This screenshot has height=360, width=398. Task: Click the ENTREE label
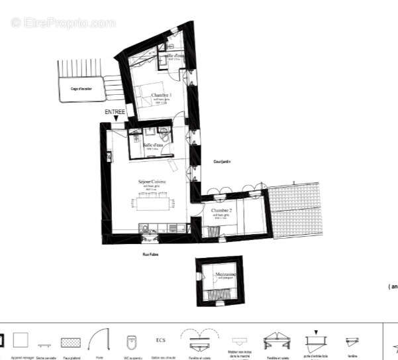pyautogui.click(x=115, y=112)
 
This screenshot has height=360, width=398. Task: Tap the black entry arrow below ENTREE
pyautogui.click(x=117, y=119)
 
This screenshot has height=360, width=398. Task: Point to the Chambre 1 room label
pyautogui.click(x=162, y=95)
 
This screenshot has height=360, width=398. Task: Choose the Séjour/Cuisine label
pyautogui.click(x=152, y=182)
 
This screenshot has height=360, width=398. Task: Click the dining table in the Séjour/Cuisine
pyautogui.click(x=153, y=203)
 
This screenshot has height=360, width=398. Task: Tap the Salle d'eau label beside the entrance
pyautogui.click(x=152, y=145)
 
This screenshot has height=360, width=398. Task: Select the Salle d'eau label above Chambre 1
pyautogui.click(x=173, y=56)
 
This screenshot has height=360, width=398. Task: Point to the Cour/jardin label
pyautogui.click(x=212, y=161)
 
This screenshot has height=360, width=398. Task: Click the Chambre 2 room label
pyautogui.click(x=221, y=210)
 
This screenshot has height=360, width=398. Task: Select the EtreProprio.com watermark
pyautogui.click(x=63, y=23)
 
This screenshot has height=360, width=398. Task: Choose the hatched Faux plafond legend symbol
pyautogui.click(x=70, y=342)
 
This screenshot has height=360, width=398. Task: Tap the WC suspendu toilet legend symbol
pyautogui.click(x=131, y=341)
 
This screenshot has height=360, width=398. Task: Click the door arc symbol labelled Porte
pyautogui.click(x=98, y=339)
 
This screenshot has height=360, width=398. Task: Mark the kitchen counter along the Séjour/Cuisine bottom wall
pyautogui.click(x=161, y=229)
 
